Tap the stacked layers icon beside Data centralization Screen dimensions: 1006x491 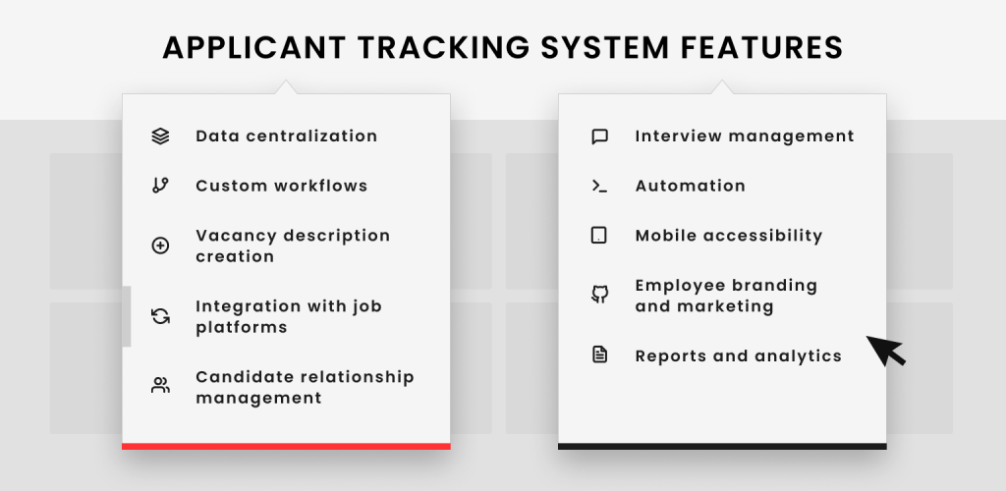coord(160,136)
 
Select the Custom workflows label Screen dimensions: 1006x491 coord(282,186)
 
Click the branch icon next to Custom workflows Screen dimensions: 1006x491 coord(160,186)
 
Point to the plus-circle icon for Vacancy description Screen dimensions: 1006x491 coord(160,245)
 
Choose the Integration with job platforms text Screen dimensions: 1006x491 coord(289,316)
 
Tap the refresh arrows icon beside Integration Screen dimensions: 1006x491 coord(160,316)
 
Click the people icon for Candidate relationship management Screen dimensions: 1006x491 coord(160,385)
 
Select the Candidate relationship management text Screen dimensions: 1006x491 coord(305,387)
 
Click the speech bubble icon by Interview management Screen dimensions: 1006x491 coord(599,136)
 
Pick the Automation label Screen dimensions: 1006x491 coord(691,186)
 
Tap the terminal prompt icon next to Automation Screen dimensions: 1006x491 coord(599,186)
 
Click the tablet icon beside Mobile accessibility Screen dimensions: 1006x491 coord(598,236)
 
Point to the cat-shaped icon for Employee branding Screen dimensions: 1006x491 coord(599,295)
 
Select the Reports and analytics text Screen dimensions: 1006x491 coord(739,356)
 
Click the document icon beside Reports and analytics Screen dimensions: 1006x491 coord(599,355)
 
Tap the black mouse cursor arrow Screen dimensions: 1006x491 coord(885,350)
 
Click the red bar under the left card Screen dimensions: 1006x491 coord(286,446)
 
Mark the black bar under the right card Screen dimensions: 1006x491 coord(722,446)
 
